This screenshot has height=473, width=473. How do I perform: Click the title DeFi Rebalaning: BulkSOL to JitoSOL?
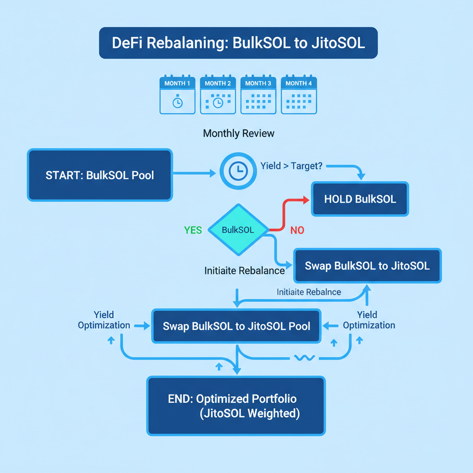(x=238, y=43)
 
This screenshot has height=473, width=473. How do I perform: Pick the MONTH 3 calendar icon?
(x=258, y=95)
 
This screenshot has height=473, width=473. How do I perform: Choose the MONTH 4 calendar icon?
(x=298, y=95)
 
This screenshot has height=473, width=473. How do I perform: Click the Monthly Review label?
(x=238, y=133)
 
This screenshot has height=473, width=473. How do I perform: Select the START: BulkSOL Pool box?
(x=100, y=175)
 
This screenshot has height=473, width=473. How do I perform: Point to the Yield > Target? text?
(x=291, y=166)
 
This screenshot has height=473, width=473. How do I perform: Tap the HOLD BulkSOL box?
(x=360, y=199)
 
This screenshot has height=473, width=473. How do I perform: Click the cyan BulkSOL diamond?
(x=238, y=230)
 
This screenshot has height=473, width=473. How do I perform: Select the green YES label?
(x=193, y=230)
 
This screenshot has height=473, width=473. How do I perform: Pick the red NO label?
(x=297, y=230)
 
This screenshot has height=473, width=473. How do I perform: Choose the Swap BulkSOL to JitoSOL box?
(x=367, y=266)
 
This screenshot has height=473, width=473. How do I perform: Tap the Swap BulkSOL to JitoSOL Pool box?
(x=236, y=326)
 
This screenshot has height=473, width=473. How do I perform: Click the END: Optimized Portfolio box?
(x=236, y=406)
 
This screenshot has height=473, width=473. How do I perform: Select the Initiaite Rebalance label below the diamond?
(x=244, y=271)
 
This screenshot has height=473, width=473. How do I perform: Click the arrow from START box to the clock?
(x=194, y=173)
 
